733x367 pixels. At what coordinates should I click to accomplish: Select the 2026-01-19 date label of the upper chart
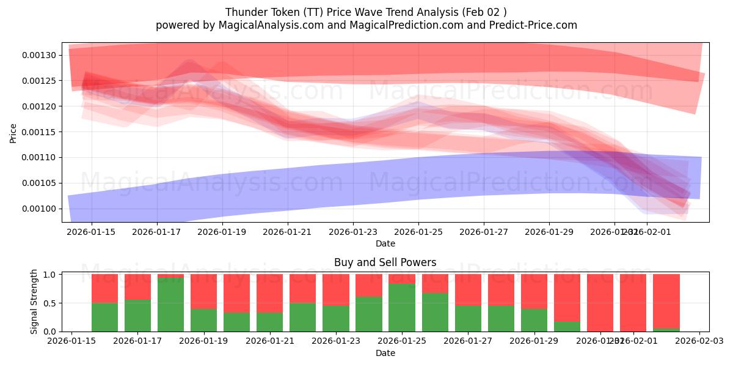tap(222, 232)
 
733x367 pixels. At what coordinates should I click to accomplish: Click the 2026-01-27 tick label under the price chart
tap(484, 232)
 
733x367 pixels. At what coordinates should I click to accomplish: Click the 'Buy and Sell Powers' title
tap(385, 262)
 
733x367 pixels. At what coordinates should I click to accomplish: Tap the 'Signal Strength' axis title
tap(34, 302)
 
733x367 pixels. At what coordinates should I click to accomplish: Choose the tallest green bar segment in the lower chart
tap(170, 305)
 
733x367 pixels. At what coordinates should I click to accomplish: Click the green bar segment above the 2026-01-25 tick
tap(401, 308)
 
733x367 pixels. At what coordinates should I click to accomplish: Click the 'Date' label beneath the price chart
tap(385, 243)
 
